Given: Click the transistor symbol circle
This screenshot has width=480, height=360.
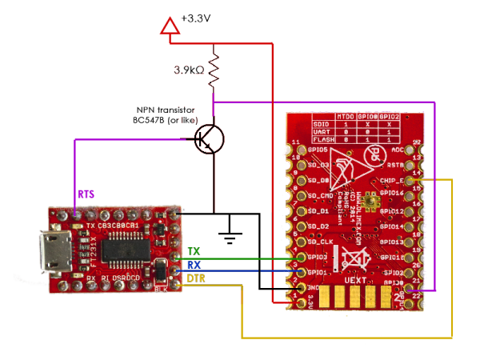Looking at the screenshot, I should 210,139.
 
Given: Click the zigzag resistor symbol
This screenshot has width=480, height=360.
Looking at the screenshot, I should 214,69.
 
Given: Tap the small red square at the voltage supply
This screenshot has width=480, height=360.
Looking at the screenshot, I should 170,26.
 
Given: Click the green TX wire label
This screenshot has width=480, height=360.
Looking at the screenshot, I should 193,250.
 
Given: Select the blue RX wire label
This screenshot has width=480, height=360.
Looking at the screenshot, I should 193,264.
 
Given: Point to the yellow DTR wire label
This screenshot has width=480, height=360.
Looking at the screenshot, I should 196,278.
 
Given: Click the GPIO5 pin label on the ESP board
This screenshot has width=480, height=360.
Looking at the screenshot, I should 318,150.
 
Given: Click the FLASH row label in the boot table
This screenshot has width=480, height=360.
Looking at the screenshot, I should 322,139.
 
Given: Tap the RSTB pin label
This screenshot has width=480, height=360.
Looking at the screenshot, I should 398,166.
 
